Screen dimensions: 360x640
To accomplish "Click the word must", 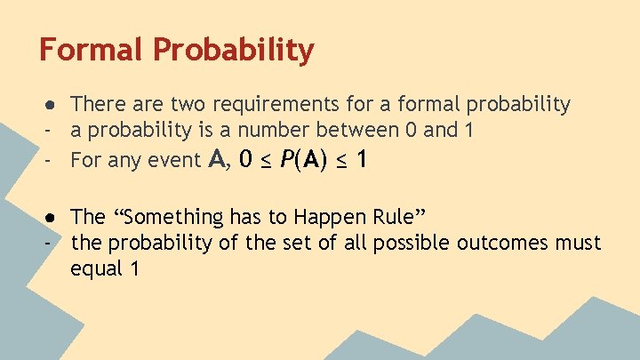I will point(575,243).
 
